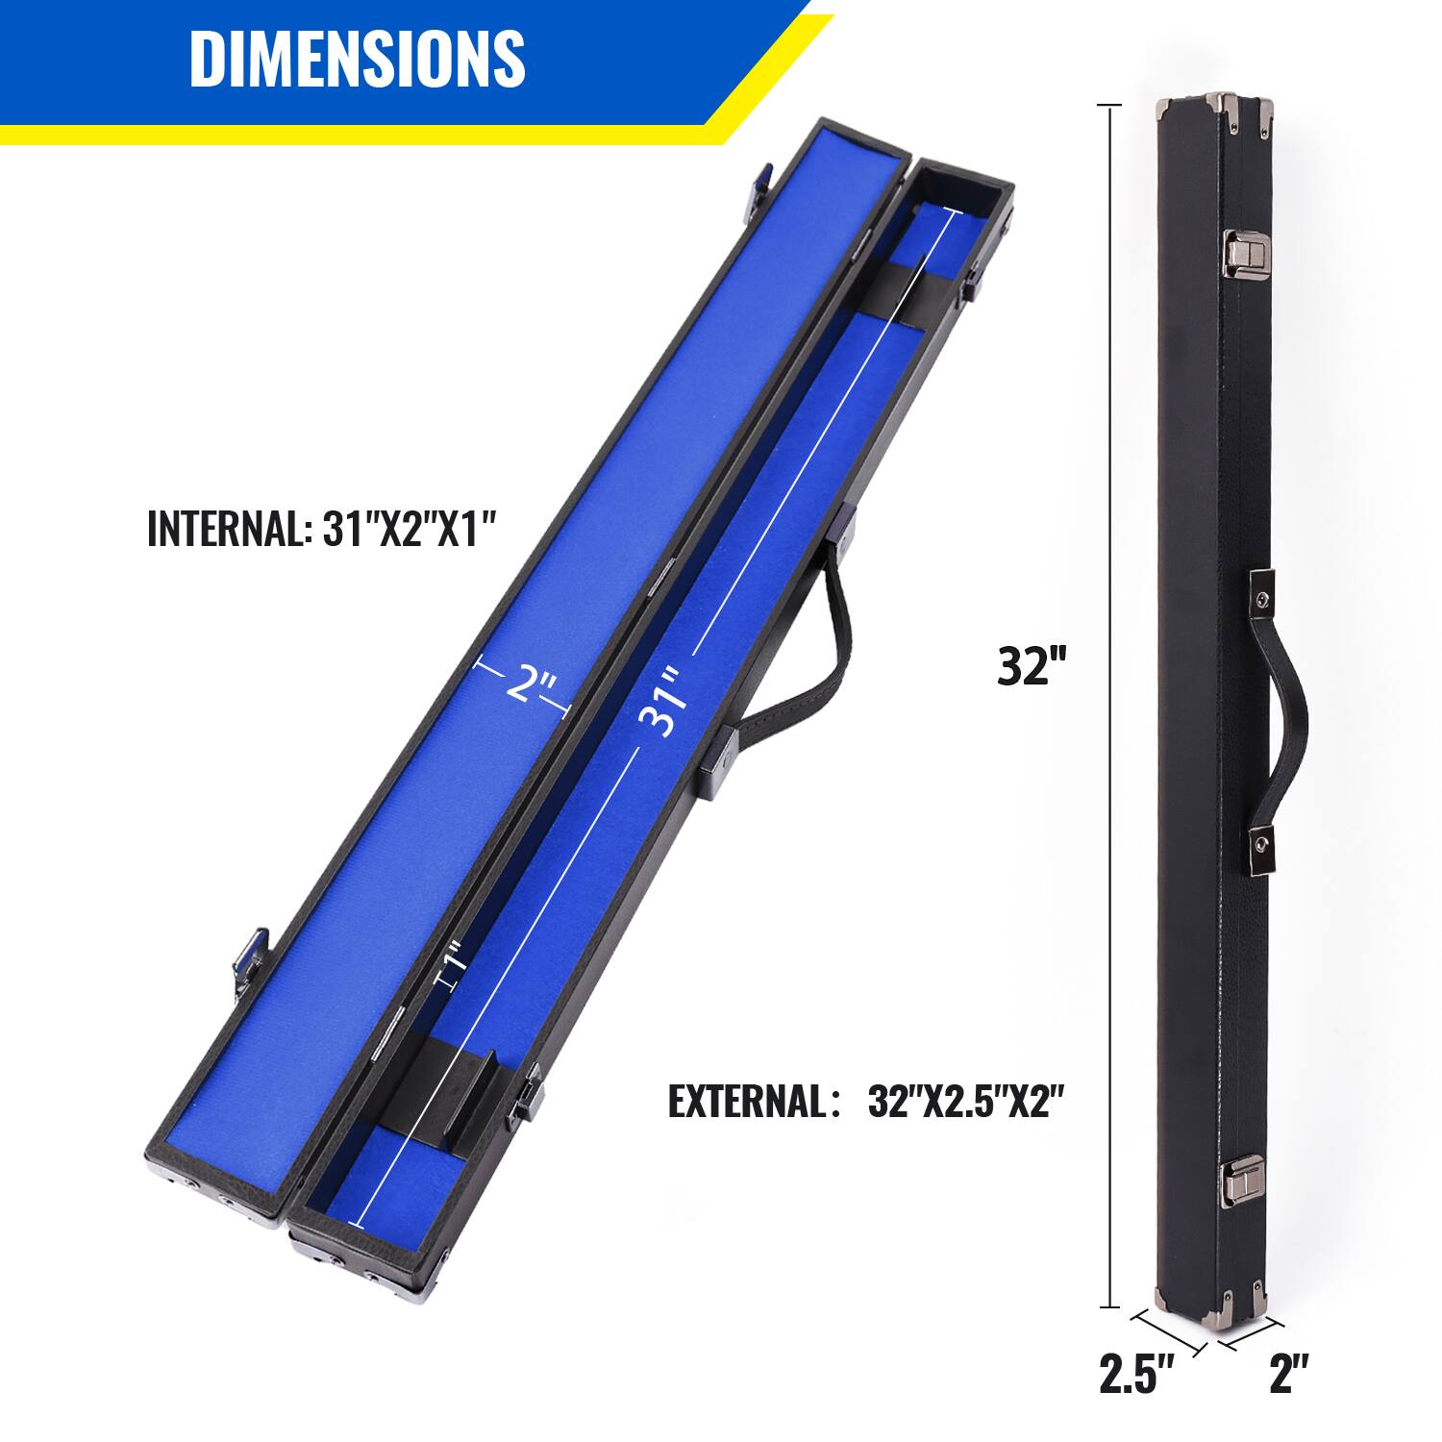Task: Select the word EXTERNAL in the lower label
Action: tap(742, 1102)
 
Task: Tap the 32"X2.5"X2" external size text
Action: tap(965, 1102)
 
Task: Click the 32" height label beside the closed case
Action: tap(1032, 665)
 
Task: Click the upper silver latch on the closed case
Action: tap(1242, 251)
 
